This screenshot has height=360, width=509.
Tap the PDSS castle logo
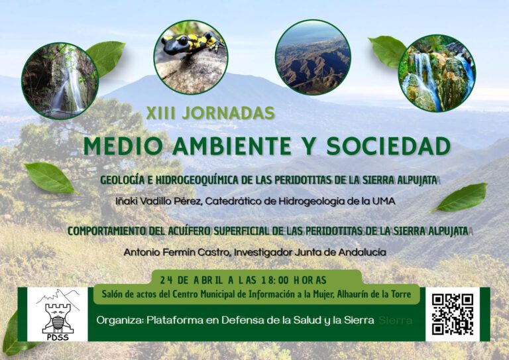point(57,314)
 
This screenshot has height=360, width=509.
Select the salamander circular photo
point(191,57)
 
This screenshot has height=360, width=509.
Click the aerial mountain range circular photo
point(313,57)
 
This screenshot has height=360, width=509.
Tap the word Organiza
point(119,320)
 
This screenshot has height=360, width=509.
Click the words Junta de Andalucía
point(347,252)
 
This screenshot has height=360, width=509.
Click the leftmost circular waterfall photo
point(60,81)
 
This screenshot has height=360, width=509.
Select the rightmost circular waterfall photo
point(437,73)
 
